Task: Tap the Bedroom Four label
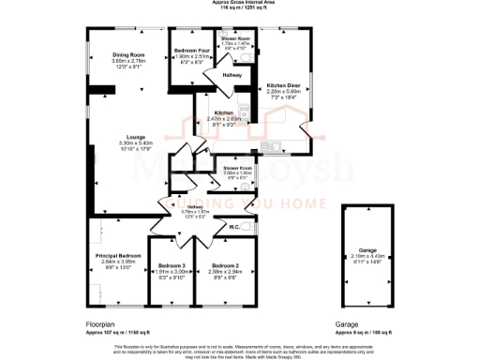pos(192,51)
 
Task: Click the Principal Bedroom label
pos(117,255)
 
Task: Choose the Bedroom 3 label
pos(171,265)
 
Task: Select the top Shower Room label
pos(235,38)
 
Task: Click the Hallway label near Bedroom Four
pos(232,73)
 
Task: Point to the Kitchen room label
pos(223,112)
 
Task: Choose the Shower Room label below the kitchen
pos(238,168)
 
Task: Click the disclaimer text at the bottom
pos(240,348)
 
